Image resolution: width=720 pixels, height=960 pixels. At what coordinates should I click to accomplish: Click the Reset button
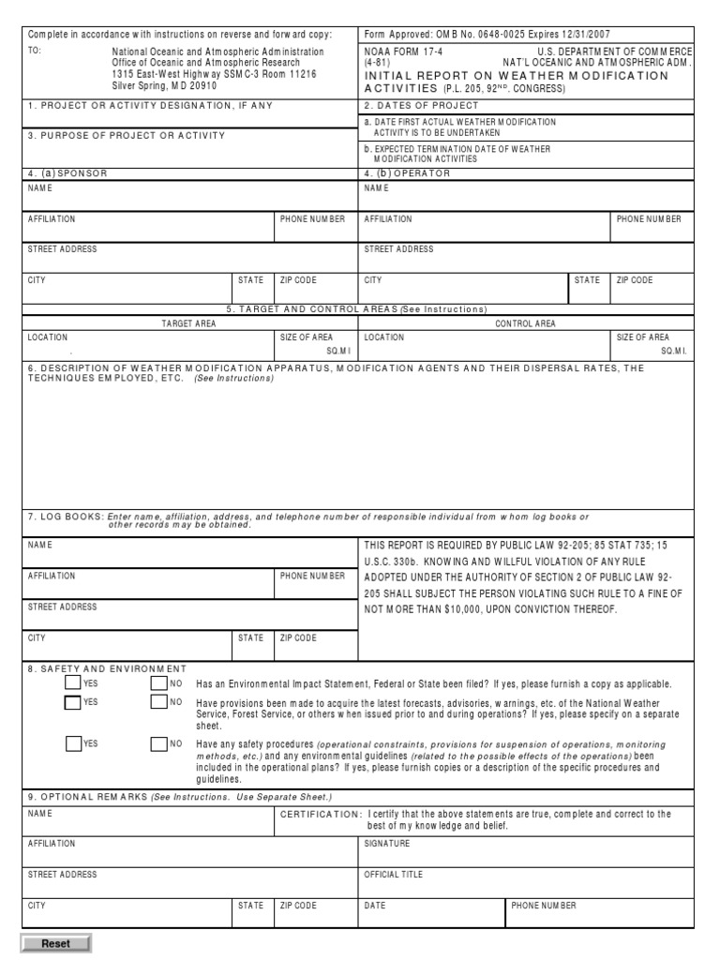point(55,943)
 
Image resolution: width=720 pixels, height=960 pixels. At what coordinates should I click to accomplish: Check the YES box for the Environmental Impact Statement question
point(73,683)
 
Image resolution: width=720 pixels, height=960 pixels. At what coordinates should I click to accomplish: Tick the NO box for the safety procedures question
point(159,743)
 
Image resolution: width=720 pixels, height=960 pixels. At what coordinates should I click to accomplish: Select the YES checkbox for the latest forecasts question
point(73,702)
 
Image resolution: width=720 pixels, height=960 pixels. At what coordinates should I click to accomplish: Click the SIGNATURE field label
point(386,844)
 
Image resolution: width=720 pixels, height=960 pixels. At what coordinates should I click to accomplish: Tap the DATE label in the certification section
point(375,906)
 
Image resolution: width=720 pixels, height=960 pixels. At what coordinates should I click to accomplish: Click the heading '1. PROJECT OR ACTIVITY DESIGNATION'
point(151,105)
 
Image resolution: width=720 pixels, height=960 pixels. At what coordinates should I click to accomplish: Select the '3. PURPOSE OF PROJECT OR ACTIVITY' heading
point(127,135)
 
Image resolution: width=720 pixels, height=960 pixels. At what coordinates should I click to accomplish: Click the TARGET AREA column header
point(189,323)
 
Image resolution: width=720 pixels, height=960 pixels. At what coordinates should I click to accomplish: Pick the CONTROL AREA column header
point(525,323)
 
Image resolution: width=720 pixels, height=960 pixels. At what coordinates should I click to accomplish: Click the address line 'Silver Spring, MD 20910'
point(165,85)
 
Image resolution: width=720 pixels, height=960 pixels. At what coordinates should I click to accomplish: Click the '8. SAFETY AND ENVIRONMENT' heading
point(107,667)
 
